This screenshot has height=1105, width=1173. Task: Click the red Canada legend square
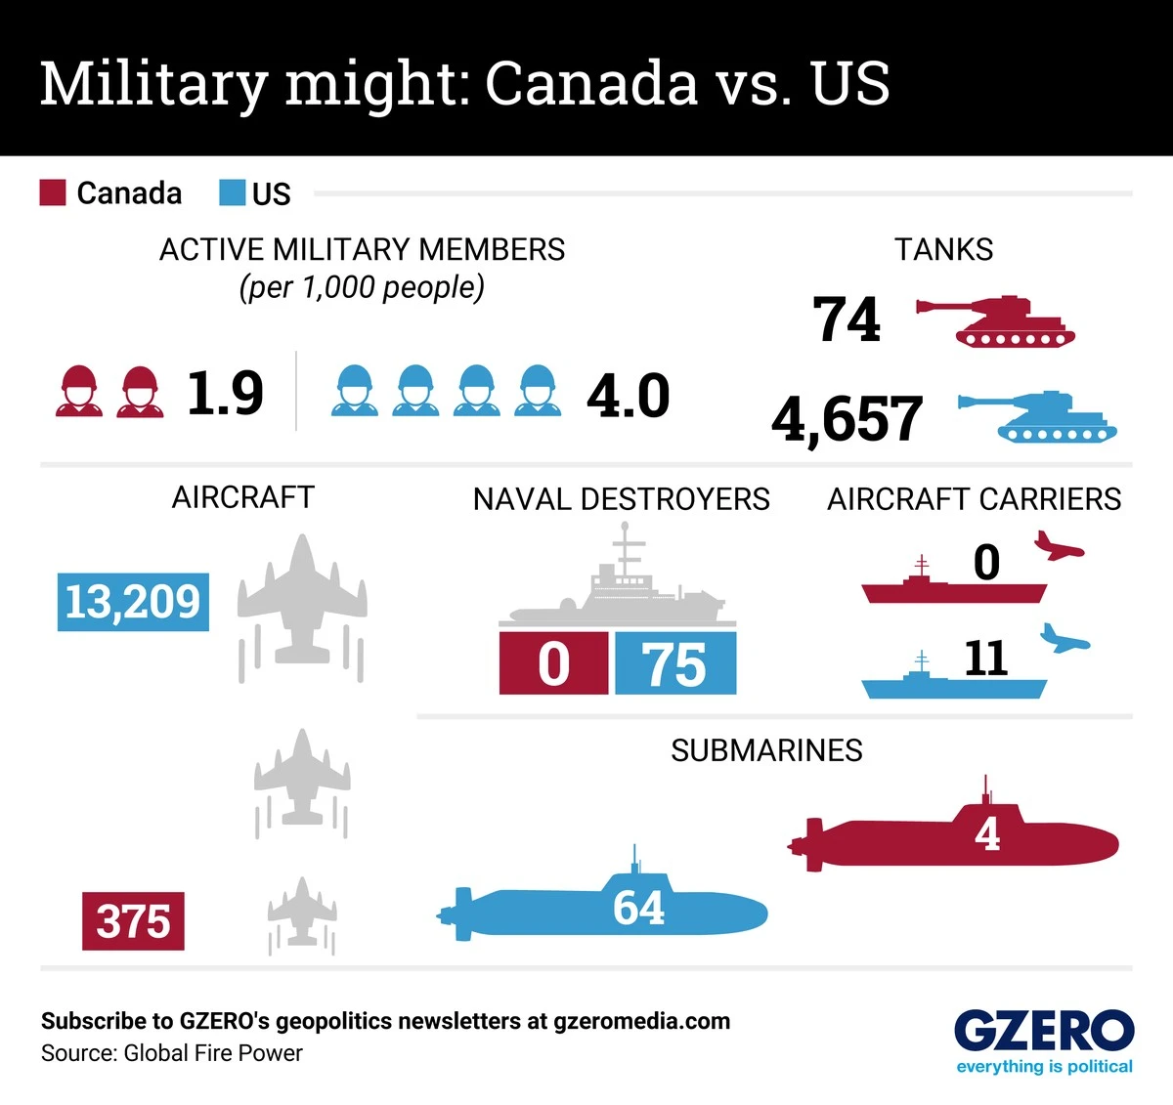pos(53,192)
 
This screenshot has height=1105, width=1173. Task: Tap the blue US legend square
pos(232,192)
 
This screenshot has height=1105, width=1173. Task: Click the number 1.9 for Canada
pos(225,394)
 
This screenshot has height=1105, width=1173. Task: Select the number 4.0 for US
pos(628,396)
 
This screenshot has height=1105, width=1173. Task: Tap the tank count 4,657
pos(847,419)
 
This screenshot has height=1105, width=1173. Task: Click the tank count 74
pos(847,319)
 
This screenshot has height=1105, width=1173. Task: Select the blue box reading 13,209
pos(133,602)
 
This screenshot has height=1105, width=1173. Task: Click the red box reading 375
pos(133,920)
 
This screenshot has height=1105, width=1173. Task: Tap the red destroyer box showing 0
pos(553,663)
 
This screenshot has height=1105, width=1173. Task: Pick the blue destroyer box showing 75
pos(674,663)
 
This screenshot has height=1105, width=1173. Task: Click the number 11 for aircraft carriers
pos(985,659)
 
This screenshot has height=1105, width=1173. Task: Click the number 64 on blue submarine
pos(638,908)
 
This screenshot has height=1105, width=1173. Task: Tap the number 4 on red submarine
pos(987,833)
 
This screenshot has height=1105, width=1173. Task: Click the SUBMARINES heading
pos(766,750)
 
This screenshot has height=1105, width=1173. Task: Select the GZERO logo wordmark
pos(1043,1031)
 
